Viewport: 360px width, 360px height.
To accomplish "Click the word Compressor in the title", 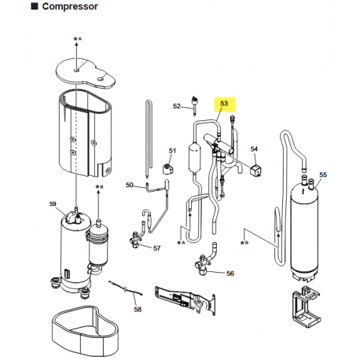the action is (x=70, y=6).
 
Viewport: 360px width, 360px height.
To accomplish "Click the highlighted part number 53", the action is (x=224, y=103).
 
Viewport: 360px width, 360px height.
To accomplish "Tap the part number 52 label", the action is (x=177, y=106).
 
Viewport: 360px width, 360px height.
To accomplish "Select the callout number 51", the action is (x=172, y=151).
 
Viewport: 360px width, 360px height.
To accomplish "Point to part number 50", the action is (x=130, y=185).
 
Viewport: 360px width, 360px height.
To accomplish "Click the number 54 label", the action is (x=254, y=149).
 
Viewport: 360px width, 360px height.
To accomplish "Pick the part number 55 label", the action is (x=323, y=174).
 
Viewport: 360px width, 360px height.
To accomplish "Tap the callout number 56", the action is (x=230, y=274).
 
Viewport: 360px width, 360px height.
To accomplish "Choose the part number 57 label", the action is (x=156, y=248).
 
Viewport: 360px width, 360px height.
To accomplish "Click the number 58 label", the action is (x=138, y=310).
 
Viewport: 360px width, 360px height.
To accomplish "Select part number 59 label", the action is (x=53, y=204).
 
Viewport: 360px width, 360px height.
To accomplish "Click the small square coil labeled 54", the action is (x=256, y=171).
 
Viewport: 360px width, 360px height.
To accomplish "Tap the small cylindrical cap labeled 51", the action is (x=167, y=169).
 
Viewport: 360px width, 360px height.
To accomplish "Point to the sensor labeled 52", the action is (x=195, y=105).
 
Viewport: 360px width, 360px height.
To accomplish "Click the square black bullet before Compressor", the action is (x=35, y=6).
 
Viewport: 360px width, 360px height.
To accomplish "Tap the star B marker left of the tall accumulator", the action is (x=244, y=243).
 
